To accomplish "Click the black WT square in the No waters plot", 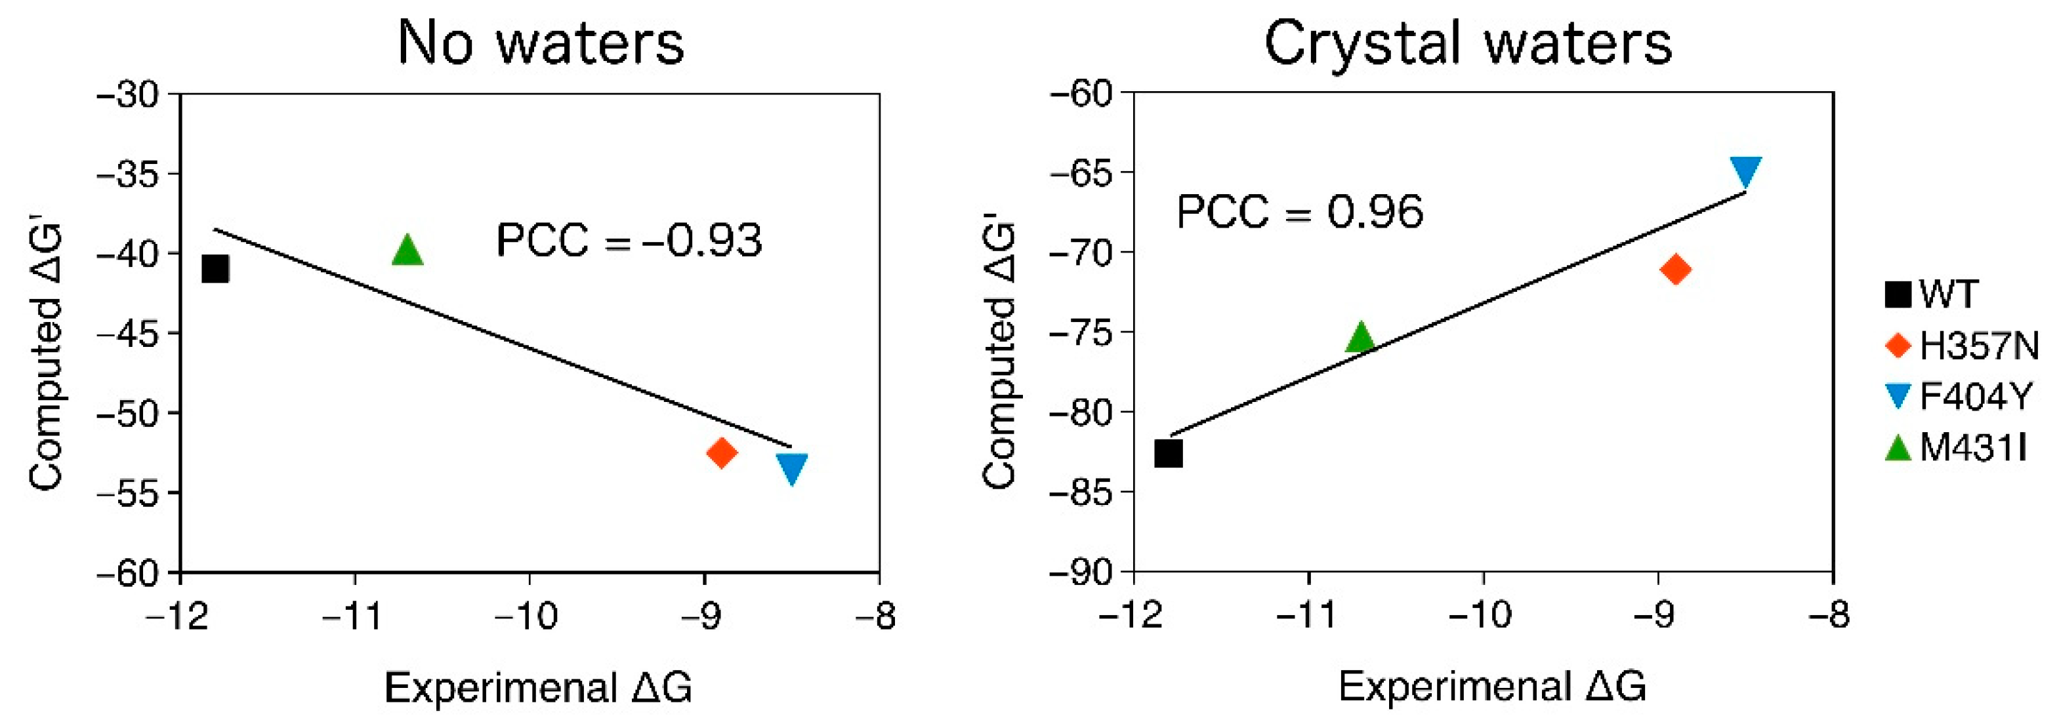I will point(215,270).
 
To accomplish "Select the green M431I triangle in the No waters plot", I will point(407,252).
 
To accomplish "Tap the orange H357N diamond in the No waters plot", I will point(721,453).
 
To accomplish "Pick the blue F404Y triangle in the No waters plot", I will point(791,468).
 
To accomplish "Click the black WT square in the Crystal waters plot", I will point(1169,454).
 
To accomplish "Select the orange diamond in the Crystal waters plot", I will point(1675,270).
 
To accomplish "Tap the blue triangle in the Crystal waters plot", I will point(1745,169).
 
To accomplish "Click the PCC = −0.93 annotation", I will point(629,240).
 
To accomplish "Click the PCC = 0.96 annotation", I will point(1300,212).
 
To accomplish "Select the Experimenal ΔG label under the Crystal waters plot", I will point(1492,687).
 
